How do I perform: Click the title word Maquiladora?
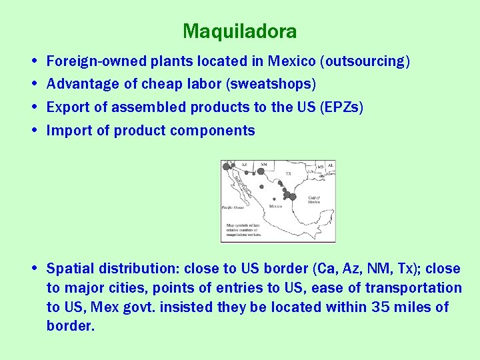[239, 31]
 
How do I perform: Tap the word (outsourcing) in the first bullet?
[365, 61]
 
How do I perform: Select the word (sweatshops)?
[275, 84]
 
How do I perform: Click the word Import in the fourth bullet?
[69, 131]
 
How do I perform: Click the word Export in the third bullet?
[69, 107]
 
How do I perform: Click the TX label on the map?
[289, 173]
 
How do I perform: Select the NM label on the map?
[263, 164]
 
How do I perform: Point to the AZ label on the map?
[244, 164]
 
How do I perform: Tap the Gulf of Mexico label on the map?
[314, 200]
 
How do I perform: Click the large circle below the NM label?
[261, 171]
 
